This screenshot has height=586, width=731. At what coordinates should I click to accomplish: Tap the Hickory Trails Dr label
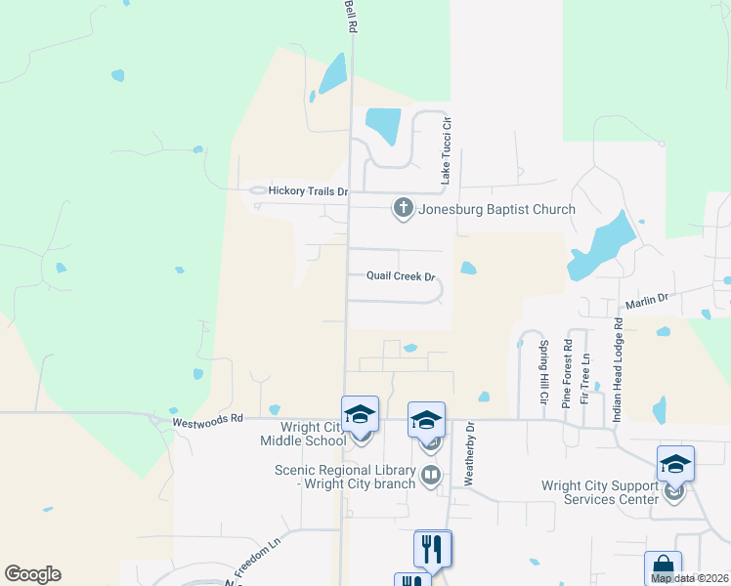point(308,192)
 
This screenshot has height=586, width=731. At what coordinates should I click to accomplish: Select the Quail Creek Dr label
point(400,276)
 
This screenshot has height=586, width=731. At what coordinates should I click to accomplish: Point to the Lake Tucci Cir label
point(446,151)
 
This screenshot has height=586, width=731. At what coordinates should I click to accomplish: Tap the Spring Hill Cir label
point(542,373)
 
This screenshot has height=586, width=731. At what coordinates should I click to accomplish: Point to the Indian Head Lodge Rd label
point(618,367)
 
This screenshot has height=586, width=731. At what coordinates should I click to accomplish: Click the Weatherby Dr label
point(469,454)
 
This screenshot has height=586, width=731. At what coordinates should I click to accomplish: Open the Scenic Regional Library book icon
point(430,476)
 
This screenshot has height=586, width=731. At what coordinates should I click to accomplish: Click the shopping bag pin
point(663,567)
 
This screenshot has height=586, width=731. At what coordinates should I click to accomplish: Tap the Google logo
point(32,574)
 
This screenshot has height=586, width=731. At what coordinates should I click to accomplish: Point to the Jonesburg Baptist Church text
point(496,209)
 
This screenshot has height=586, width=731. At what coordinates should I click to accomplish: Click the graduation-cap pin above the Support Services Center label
point(675,464)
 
